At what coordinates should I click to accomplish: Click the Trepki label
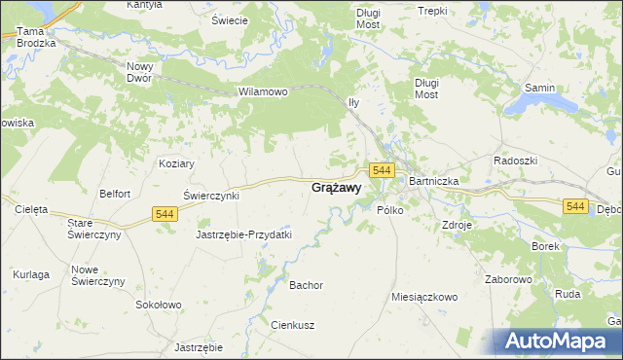[x=431, y=11]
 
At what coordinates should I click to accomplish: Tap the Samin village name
[x=540, y=88]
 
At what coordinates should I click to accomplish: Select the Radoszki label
[x=516, y=161]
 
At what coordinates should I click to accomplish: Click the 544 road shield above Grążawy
[x=382, y=170]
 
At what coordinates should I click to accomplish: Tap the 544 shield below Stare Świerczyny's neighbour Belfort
[x=164, y=214]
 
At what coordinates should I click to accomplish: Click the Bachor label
[x=306, y=285]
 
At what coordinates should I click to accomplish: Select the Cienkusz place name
[x=292, y=325]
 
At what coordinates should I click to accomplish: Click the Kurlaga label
[x=31, y=275]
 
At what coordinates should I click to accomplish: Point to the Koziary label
[x=177, y=164]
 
